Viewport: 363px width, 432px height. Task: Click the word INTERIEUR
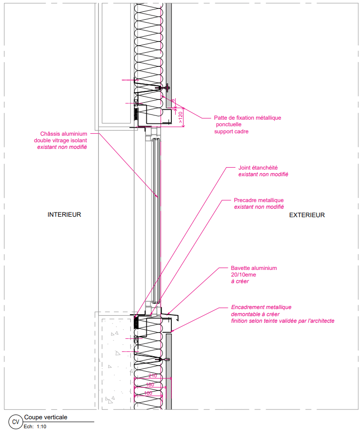65,215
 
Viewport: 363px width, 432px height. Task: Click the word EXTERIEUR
307,215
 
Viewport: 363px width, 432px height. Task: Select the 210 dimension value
152,376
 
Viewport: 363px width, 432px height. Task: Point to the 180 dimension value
150,385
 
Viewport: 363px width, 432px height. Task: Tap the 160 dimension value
148,393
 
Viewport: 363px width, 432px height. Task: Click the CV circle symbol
16,422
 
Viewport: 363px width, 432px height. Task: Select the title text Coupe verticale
46,417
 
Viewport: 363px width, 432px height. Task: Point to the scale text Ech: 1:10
35,427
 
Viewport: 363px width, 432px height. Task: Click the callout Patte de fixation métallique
247,118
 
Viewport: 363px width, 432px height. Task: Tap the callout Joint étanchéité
258,167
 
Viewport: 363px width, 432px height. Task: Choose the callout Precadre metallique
259,200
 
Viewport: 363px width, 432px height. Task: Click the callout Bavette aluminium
254,268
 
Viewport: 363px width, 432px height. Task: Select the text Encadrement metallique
261,307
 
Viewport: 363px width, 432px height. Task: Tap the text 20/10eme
243,275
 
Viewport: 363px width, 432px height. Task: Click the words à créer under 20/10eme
240,281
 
